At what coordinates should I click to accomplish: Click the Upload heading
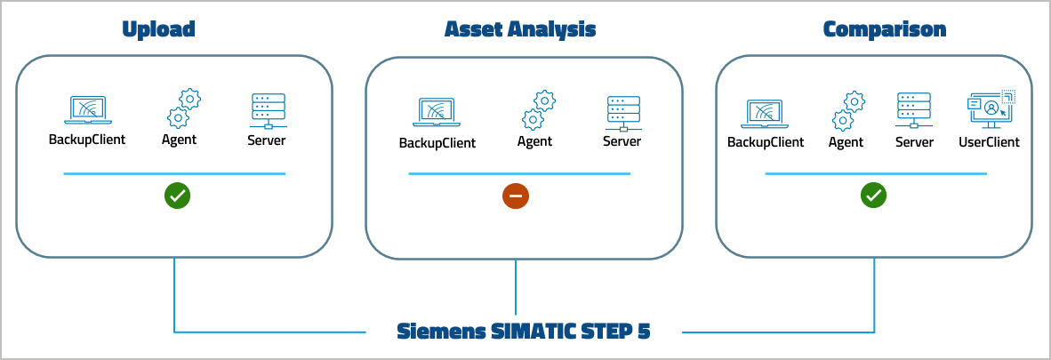(x=158, y=29)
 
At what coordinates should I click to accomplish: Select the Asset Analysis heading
(x=520, y=29)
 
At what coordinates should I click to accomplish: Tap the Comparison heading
(x=885, y=29)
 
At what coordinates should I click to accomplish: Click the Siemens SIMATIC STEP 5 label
(x=524, y=332)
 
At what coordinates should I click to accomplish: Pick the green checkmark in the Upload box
(x=177, y=196)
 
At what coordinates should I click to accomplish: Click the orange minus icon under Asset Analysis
(x=516, y=196)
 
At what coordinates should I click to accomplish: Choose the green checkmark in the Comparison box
(x=874, y=196)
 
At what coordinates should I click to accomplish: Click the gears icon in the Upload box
(x=182, y=108)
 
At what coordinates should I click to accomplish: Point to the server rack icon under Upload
(x=268, y=110)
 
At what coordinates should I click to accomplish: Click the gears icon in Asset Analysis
(x=537, y=111)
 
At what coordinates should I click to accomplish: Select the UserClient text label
(x=989, y=142)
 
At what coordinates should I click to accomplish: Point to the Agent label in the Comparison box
(x=846, y=142)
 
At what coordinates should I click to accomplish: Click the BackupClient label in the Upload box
(x=87, y=140)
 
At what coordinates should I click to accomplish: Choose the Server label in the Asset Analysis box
(x=622, y=141)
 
